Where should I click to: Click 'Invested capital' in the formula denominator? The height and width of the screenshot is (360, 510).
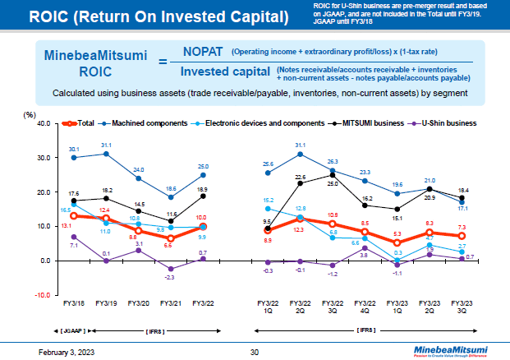[226, 72]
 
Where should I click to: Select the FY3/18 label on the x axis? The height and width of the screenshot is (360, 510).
[74, 303]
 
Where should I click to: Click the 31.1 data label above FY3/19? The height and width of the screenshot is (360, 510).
[106, 145]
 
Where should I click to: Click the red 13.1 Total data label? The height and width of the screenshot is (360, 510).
[66, 225]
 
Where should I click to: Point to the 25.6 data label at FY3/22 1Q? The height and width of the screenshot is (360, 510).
[269, 164]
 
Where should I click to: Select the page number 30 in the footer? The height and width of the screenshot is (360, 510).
[255, 351]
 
